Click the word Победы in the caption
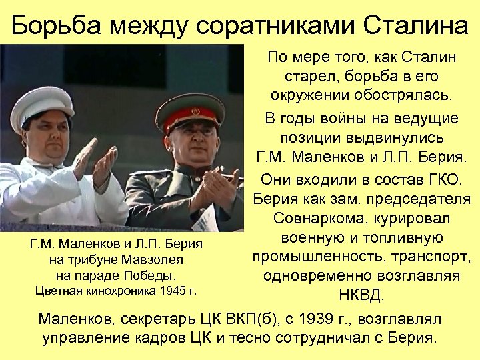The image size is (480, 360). (157, 275)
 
